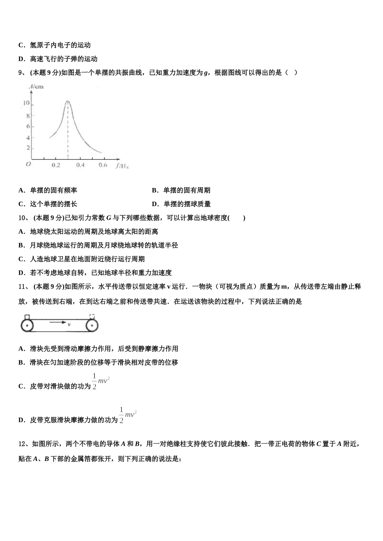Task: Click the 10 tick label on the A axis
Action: [26, 103]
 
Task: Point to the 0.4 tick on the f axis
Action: [80, 165]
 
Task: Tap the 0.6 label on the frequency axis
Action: [103, 165]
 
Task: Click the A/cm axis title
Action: [36, 87]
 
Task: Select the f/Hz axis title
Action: [122, 165]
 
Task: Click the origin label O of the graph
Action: [28, 164]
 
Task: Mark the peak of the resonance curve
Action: [67, 101]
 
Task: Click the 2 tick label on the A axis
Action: [28, 148]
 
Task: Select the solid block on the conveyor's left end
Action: [27, 316]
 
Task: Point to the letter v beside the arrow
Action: [69, 324]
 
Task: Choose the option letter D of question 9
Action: [154, 204]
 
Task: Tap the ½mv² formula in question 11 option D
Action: [128, 415]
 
